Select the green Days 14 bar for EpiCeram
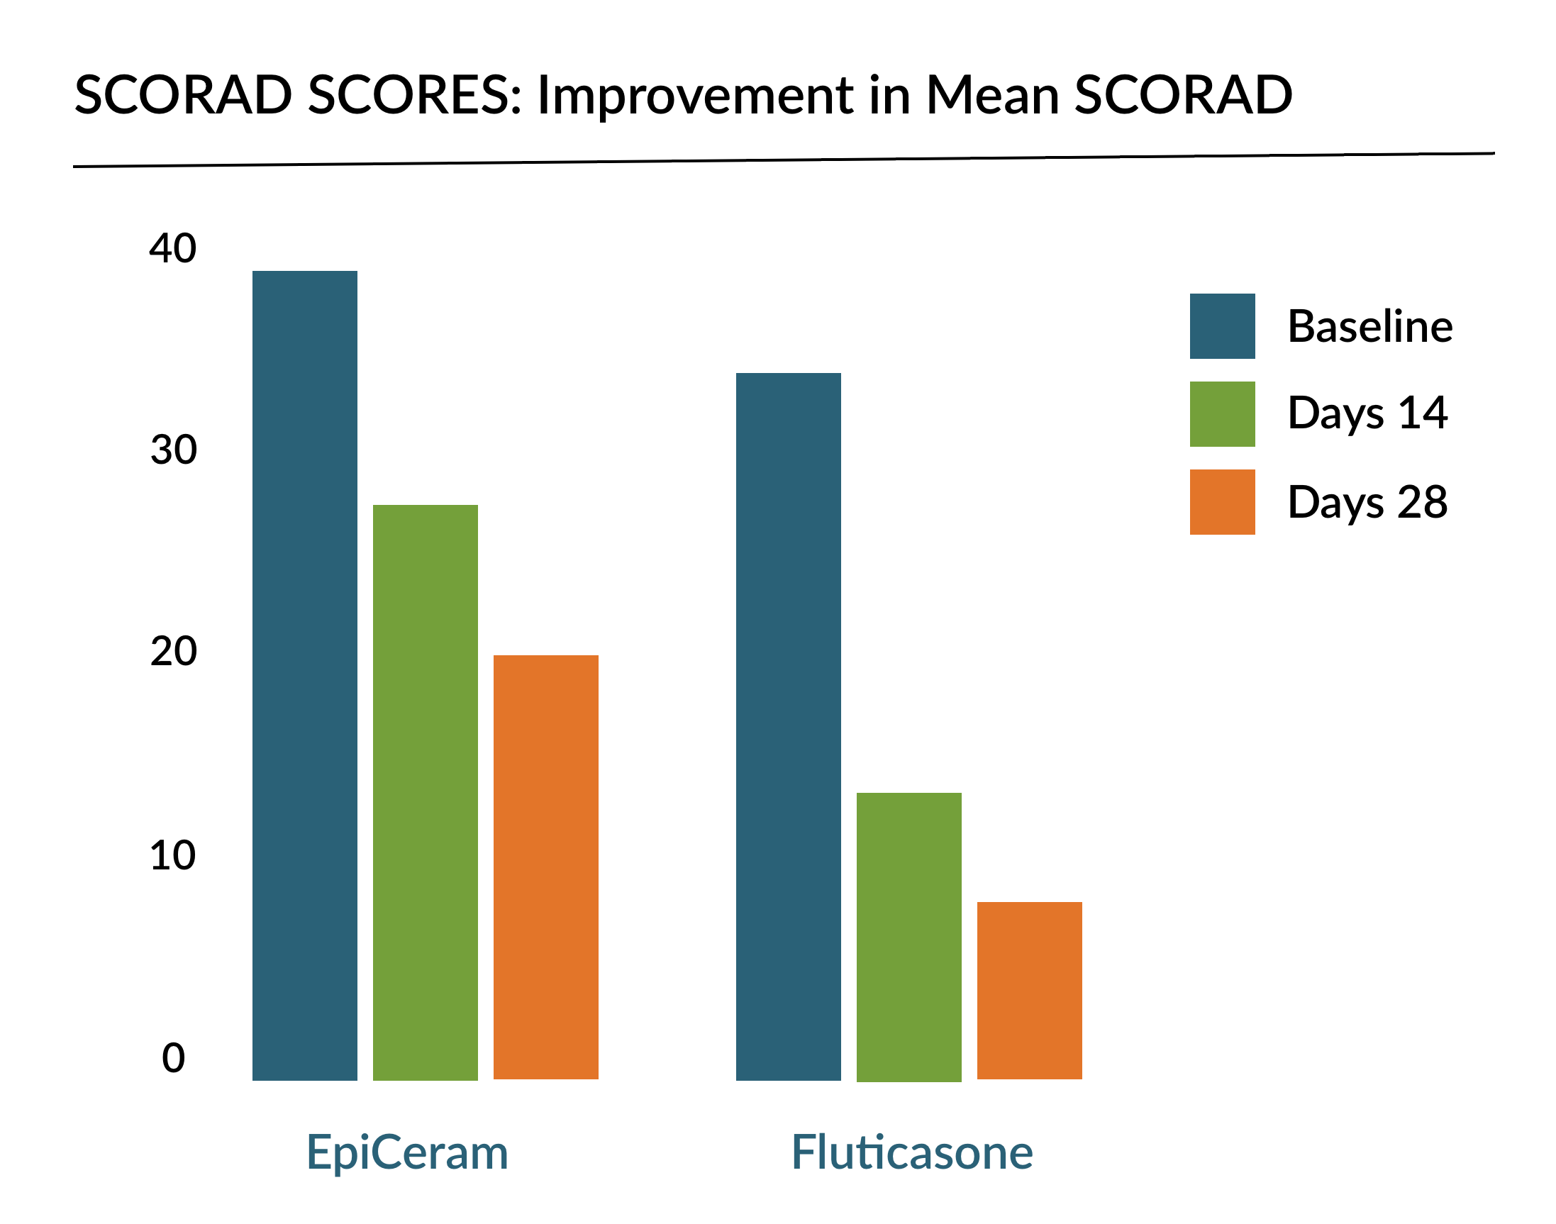tap(425, 792)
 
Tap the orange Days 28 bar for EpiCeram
tap(545, 867)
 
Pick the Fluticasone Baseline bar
tap(788, 726)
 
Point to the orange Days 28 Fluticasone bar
tap(1029, 991)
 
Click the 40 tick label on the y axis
tap(172, 249)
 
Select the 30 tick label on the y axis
tap(173, 450)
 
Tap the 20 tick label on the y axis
tap(173, 652)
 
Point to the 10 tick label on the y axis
tap(172, 855)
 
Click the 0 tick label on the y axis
tap(174, 1058)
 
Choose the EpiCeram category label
tap(407, 1153)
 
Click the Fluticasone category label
tap(911, 1153)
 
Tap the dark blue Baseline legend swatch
tap(1222, 326)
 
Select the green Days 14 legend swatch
tap(1222, 413)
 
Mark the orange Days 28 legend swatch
tap(1222, 501)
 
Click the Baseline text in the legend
tap(1369, 326)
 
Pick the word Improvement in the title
tap(694, 95)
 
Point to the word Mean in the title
tap(992, 94)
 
